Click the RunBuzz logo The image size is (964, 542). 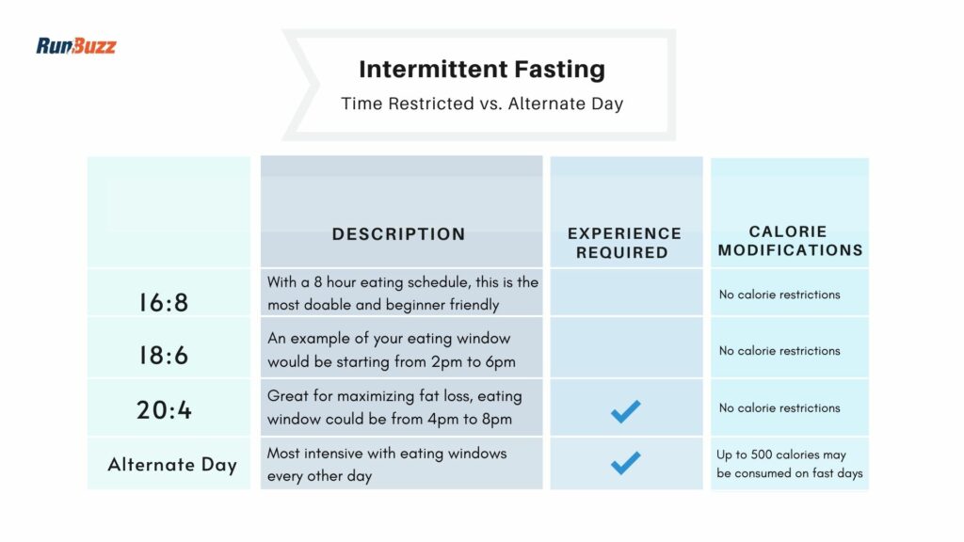click(x=76, y=45)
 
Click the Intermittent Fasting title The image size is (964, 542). click(x=482, y=70)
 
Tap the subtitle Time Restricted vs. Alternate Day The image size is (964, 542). click(x=482, y=104)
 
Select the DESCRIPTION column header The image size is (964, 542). click(x=398, y=234)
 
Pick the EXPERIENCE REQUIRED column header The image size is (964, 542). click(x=624, y=243)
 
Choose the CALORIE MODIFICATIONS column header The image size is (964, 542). click(x=790, y=241)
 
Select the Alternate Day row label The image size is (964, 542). click(x=172, y=465)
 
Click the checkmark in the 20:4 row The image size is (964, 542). click(x=625, y=410)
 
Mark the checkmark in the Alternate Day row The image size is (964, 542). click(x=625, y=462)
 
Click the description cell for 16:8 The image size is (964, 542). click(x=402, y=293)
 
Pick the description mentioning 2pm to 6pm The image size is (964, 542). click(x=391, y=349)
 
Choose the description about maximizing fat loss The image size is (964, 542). click(x=394, y=406)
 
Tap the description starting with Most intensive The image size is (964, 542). click(x=387, y=464)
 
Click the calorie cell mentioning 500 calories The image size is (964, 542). click(x=789, y=464)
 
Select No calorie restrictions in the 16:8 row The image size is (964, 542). click(x=779, y=295)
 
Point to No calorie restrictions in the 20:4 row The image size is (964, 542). click(x=779, y=408)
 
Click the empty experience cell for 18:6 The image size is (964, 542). click(x=626, y=347)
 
